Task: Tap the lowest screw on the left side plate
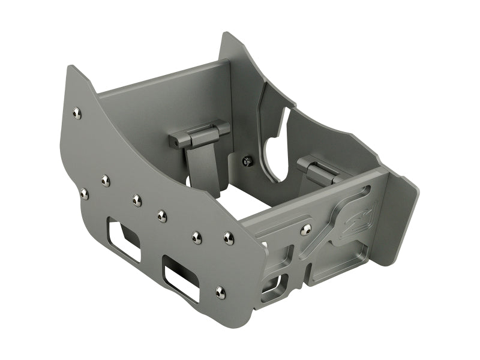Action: click(x=220, y=292)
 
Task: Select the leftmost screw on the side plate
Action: click(x=84, y=193)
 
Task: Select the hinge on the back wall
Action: click(x=199, y=136)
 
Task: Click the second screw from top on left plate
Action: click(x=106, y=179)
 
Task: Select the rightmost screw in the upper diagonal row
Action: click(x=228, y=238)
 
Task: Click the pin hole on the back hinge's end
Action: click(x=172, y=143)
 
